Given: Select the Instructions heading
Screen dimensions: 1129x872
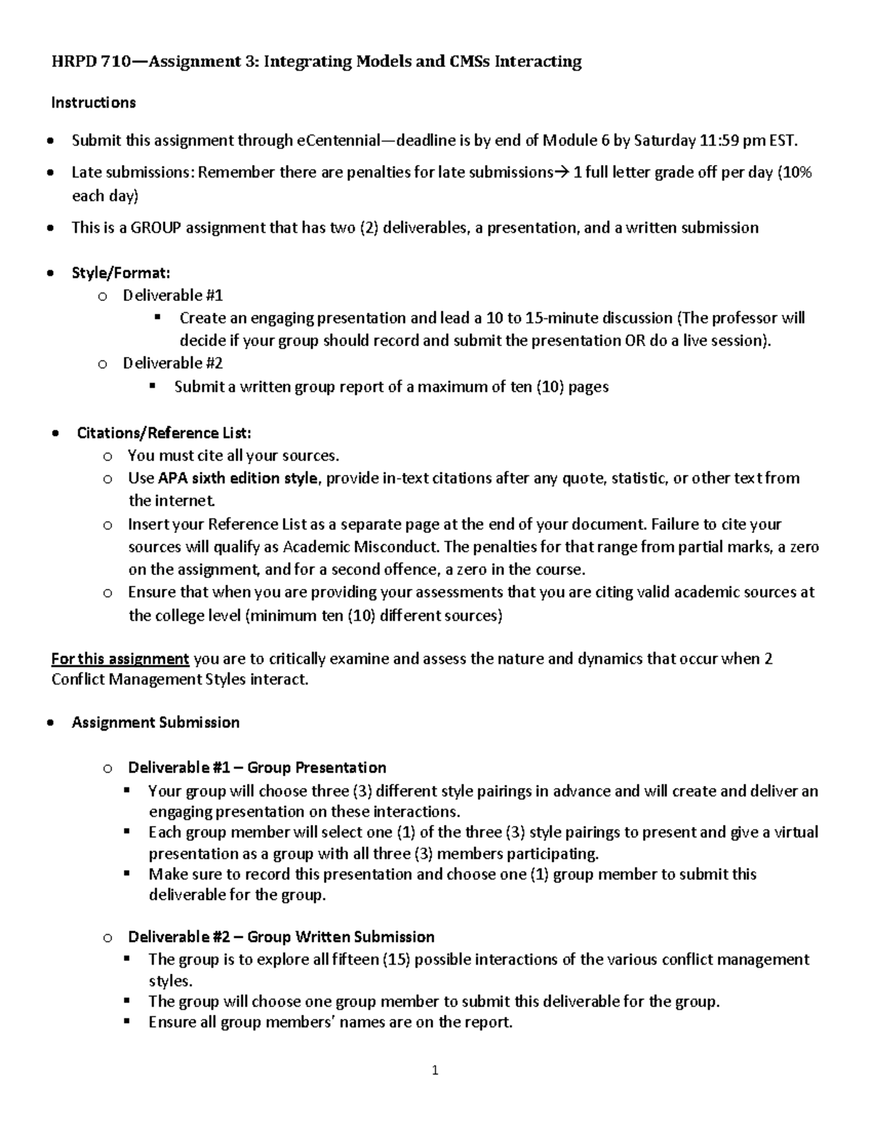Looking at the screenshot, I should coord(93,103).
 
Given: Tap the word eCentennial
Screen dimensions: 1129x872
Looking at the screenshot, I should coord(337,140).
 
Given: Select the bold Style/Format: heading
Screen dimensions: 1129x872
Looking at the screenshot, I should coord(121,273).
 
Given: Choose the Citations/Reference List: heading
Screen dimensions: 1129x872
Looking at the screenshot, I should coord(164,433).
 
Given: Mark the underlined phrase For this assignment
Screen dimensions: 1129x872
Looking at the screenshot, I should coord(120,659).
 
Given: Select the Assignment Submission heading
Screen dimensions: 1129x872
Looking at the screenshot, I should coord(156,722).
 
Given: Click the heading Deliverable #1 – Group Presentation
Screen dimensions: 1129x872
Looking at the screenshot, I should coord(257,768).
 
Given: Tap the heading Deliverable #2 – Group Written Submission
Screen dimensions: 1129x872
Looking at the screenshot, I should coord(281,936).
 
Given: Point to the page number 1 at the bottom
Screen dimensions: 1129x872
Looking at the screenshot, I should coord(435,1070).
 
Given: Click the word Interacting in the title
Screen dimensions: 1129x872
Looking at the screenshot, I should coord(538,61).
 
